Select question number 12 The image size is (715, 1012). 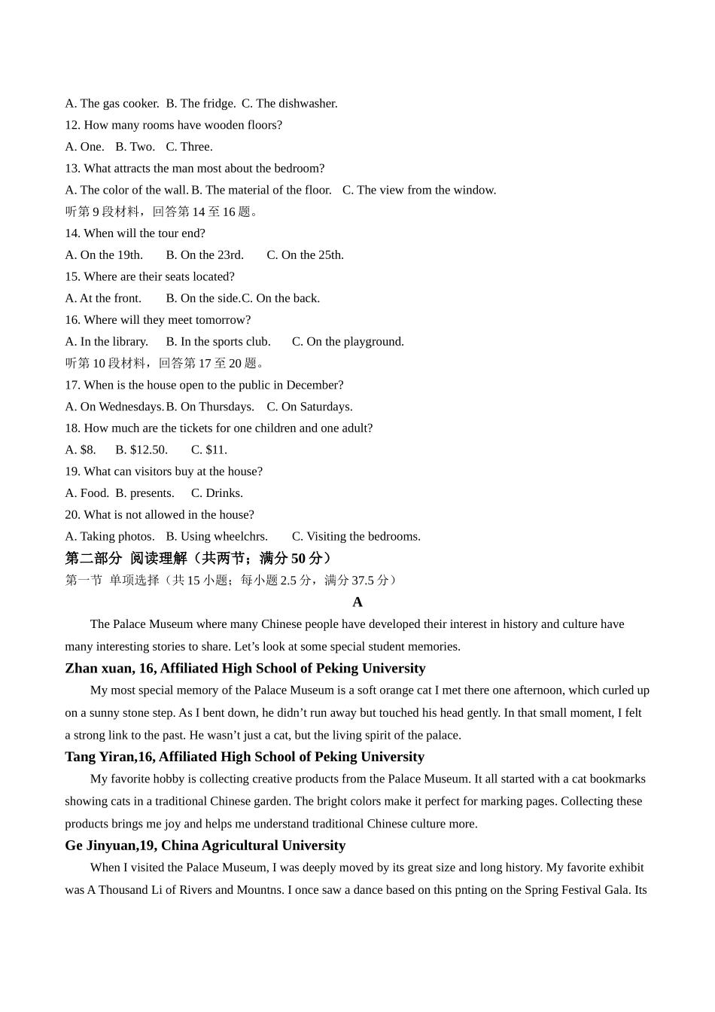click(x=72, y=125)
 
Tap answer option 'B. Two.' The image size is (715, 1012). click(x=135, y=147)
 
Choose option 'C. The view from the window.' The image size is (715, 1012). click(x=419, y=190)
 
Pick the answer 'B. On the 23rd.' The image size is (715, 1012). click(x=205, y=255)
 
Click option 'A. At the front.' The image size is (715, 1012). click(x=103, y=298)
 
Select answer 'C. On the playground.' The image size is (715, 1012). click(x=348, y=342)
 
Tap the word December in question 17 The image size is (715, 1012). click(x=312, y=385)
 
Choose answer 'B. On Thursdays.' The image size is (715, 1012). click(x=210, y=407)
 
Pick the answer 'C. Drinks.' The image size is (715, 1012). click(x=217, y=493)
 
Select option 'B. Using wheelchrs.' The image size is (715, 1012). click(x=217, y=536)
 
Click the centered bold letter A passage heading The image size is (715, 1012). click(x=357, y=602)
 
